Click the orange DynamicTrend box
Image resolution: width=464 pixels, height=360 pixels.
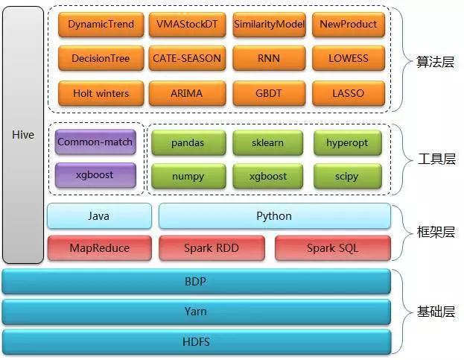pos(101,24)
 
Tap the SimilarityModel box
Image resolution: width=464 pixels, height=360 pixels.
pos(269,24)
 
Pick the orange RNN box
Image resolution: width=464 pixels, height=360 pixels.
pos(269,58)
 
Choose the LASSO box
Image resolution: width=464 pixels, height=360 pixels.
pos(348,93)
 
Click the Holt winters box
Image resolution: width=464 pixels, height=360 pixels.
pos(101,93)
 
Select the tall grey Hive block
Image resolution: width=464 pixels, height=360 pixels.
pos(23,135)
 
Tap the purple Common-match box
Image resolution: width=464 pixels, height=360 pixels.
pos(95,142)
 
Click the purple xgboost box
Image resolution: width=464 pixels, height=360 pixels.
pos(95,176)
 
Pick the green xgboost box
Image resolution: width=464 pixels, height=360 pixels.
pos(267,177)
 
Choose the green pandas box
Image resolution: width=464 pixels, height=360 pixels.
pos(187,142)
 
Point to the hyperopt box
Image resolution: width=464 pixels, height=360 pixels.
pos(347,142)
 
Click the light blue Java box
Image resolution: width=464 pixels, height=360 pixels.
pos(98,216)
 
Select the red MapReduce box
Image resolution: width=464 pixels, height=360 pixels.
pos(98,247)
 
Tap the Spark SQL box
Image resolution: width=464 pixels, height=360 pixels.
pos(332,247)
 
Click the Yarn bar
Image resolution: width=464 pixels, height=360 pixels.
pos(196,312)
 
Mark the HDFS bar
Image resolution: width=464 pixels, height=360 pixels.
pos(196,341)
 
